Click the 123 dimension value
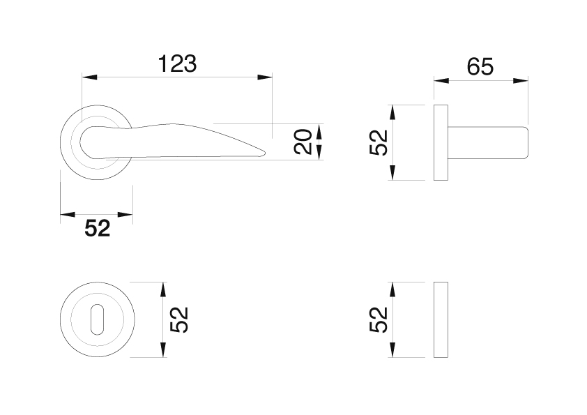pos(177,63)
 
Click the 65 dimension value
pos(480,67)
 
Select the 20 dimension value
pos(303,142)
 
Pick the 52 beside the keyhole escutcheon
pos(178,319)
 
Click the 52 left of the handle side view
pos(378,142)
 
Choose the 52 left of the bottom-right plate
pos(378,319)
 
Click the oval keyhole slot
pos(97,319)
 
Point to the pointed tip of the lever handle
pos(265,153)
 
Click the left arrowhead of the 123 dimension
pos(89,77)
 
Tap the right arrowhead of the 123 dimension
pos(265,77)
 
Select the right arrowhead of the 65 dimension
pos(520,80)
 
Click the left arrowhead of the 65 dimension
pos(441,80)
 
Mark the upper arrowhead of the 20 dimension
pos(319,131)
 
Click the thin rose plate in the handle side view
pos(441,142)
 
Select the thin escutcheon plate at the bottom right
pos(441,319)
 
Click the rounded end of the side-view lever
pos(526,142)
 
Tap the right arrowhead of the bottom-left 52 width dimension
pos(125,215)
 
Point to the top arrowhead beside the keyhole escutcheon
pos(163,289)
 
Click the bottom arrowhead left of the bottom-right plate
pos(392,349)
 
